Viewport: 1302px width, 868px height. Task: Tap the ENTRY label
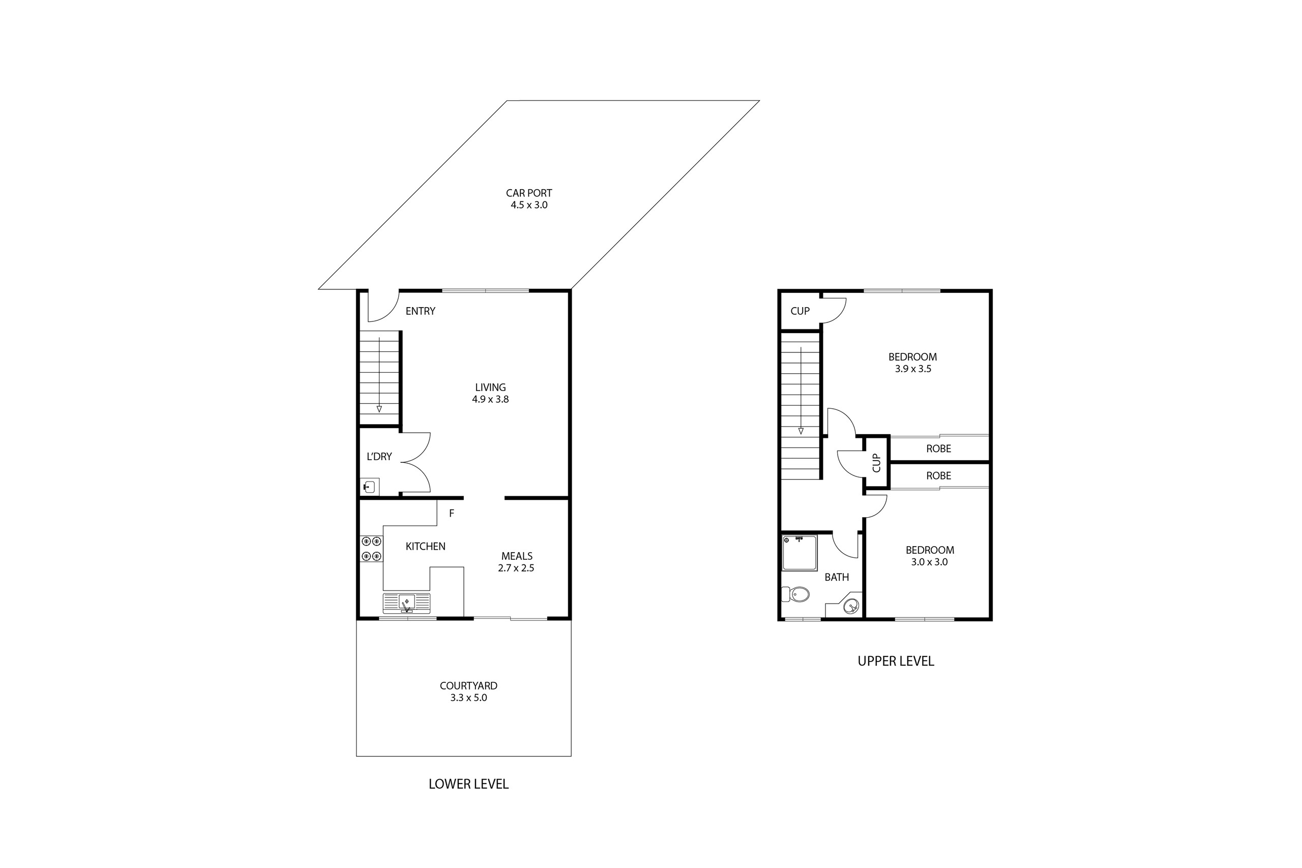[x=420, y=311]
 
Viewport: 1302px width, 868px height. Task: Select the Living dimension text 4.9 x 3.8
[x=490, y=399]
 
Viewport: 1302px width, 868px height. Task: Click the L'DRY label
[x=379, y=457]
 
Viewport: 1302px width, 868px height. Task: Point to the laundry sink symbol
[x=369, y=487]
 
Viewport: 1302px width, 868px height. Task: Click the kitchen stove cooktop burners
[x=371, y=549]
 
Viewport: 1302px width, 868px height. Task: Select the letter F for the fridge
[x=452, y=514]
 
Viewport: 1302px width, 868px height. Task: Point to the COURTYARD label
[x=468, y=685]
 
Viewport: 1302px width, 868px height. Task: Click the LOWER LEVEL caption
[x=468, y=784]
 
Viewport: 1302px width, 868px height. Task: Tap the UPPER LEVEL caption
[x=896, y=661]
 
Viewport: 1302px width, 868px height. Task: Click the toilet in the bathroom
[x=795, y=594]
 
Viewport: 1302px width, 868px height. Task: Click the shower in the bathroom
[x=800, y=552]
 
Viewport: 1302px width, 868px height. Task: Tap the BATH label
[x=837, y=577]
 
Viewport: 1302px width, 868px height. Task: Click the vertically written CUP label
[x=876, y=463]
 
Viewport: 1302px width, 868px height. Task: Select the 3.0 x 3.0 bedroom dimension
[x=929, y=562]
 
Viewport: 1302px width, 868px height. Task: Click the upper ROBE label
[x=938, y=448]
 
